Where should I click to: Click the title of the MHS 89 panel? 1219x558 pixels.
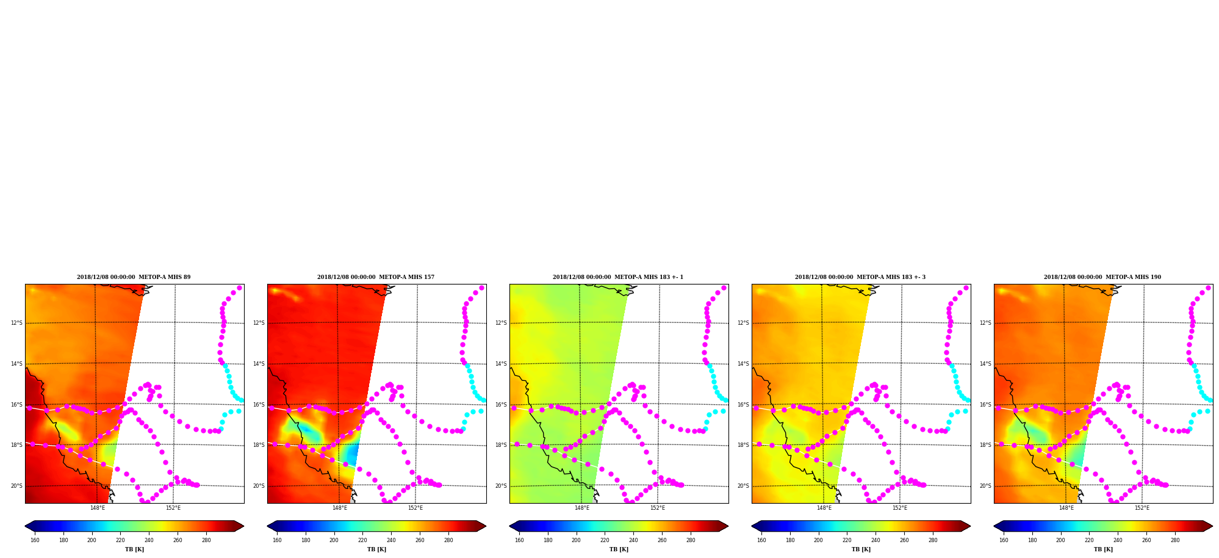[134, 277]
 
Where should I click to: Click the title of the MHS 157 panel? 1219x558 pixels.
[376, 277]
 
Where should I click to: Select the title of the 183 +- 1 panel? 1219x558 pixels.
[618, 277]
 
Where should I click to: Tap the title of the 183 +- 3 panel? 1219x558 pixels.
[860, 277]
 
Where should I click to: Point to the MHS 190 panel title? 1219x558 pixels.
[1102, 277]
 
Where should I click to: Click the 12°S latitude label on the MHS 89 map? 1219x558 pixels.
[16, 323]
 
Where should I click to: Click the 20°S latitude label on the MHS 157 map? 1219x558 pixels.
[259, 486]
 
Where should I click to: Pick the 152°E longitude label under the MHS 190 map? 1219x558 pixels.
[1142, 508]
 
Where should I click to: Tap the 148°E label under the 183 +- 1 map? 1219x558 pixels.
[582, 508]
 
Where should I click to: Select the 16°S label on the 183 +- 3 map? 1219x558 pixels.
[743, 405]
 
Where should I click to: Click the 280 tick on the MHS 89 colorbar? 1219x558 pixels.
[206, 540]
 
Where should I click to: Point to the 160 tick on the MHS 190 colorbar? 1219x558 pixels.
[1004, 540]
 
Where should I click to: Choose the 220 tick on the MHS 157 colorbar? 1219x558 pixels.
[362, 540]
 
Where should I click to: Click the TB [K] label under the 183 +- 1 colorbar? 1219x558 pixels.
[619, 549]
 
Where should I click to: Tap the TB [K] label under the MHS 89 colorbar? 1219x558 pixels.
[134, 549]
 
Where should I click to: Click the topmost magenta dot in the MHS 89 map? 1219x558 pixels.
[239, 288]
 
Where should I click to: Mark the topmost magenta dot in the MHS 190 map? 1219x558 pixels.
[1208, 288]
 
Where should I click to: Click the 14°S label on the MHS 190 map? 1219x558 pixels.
[985, 364]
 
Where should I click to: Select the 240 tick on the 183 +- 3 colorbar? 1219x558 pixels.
[876, 540]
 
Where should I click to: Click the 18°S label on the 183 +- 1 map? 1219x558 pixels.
[501, 445]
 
